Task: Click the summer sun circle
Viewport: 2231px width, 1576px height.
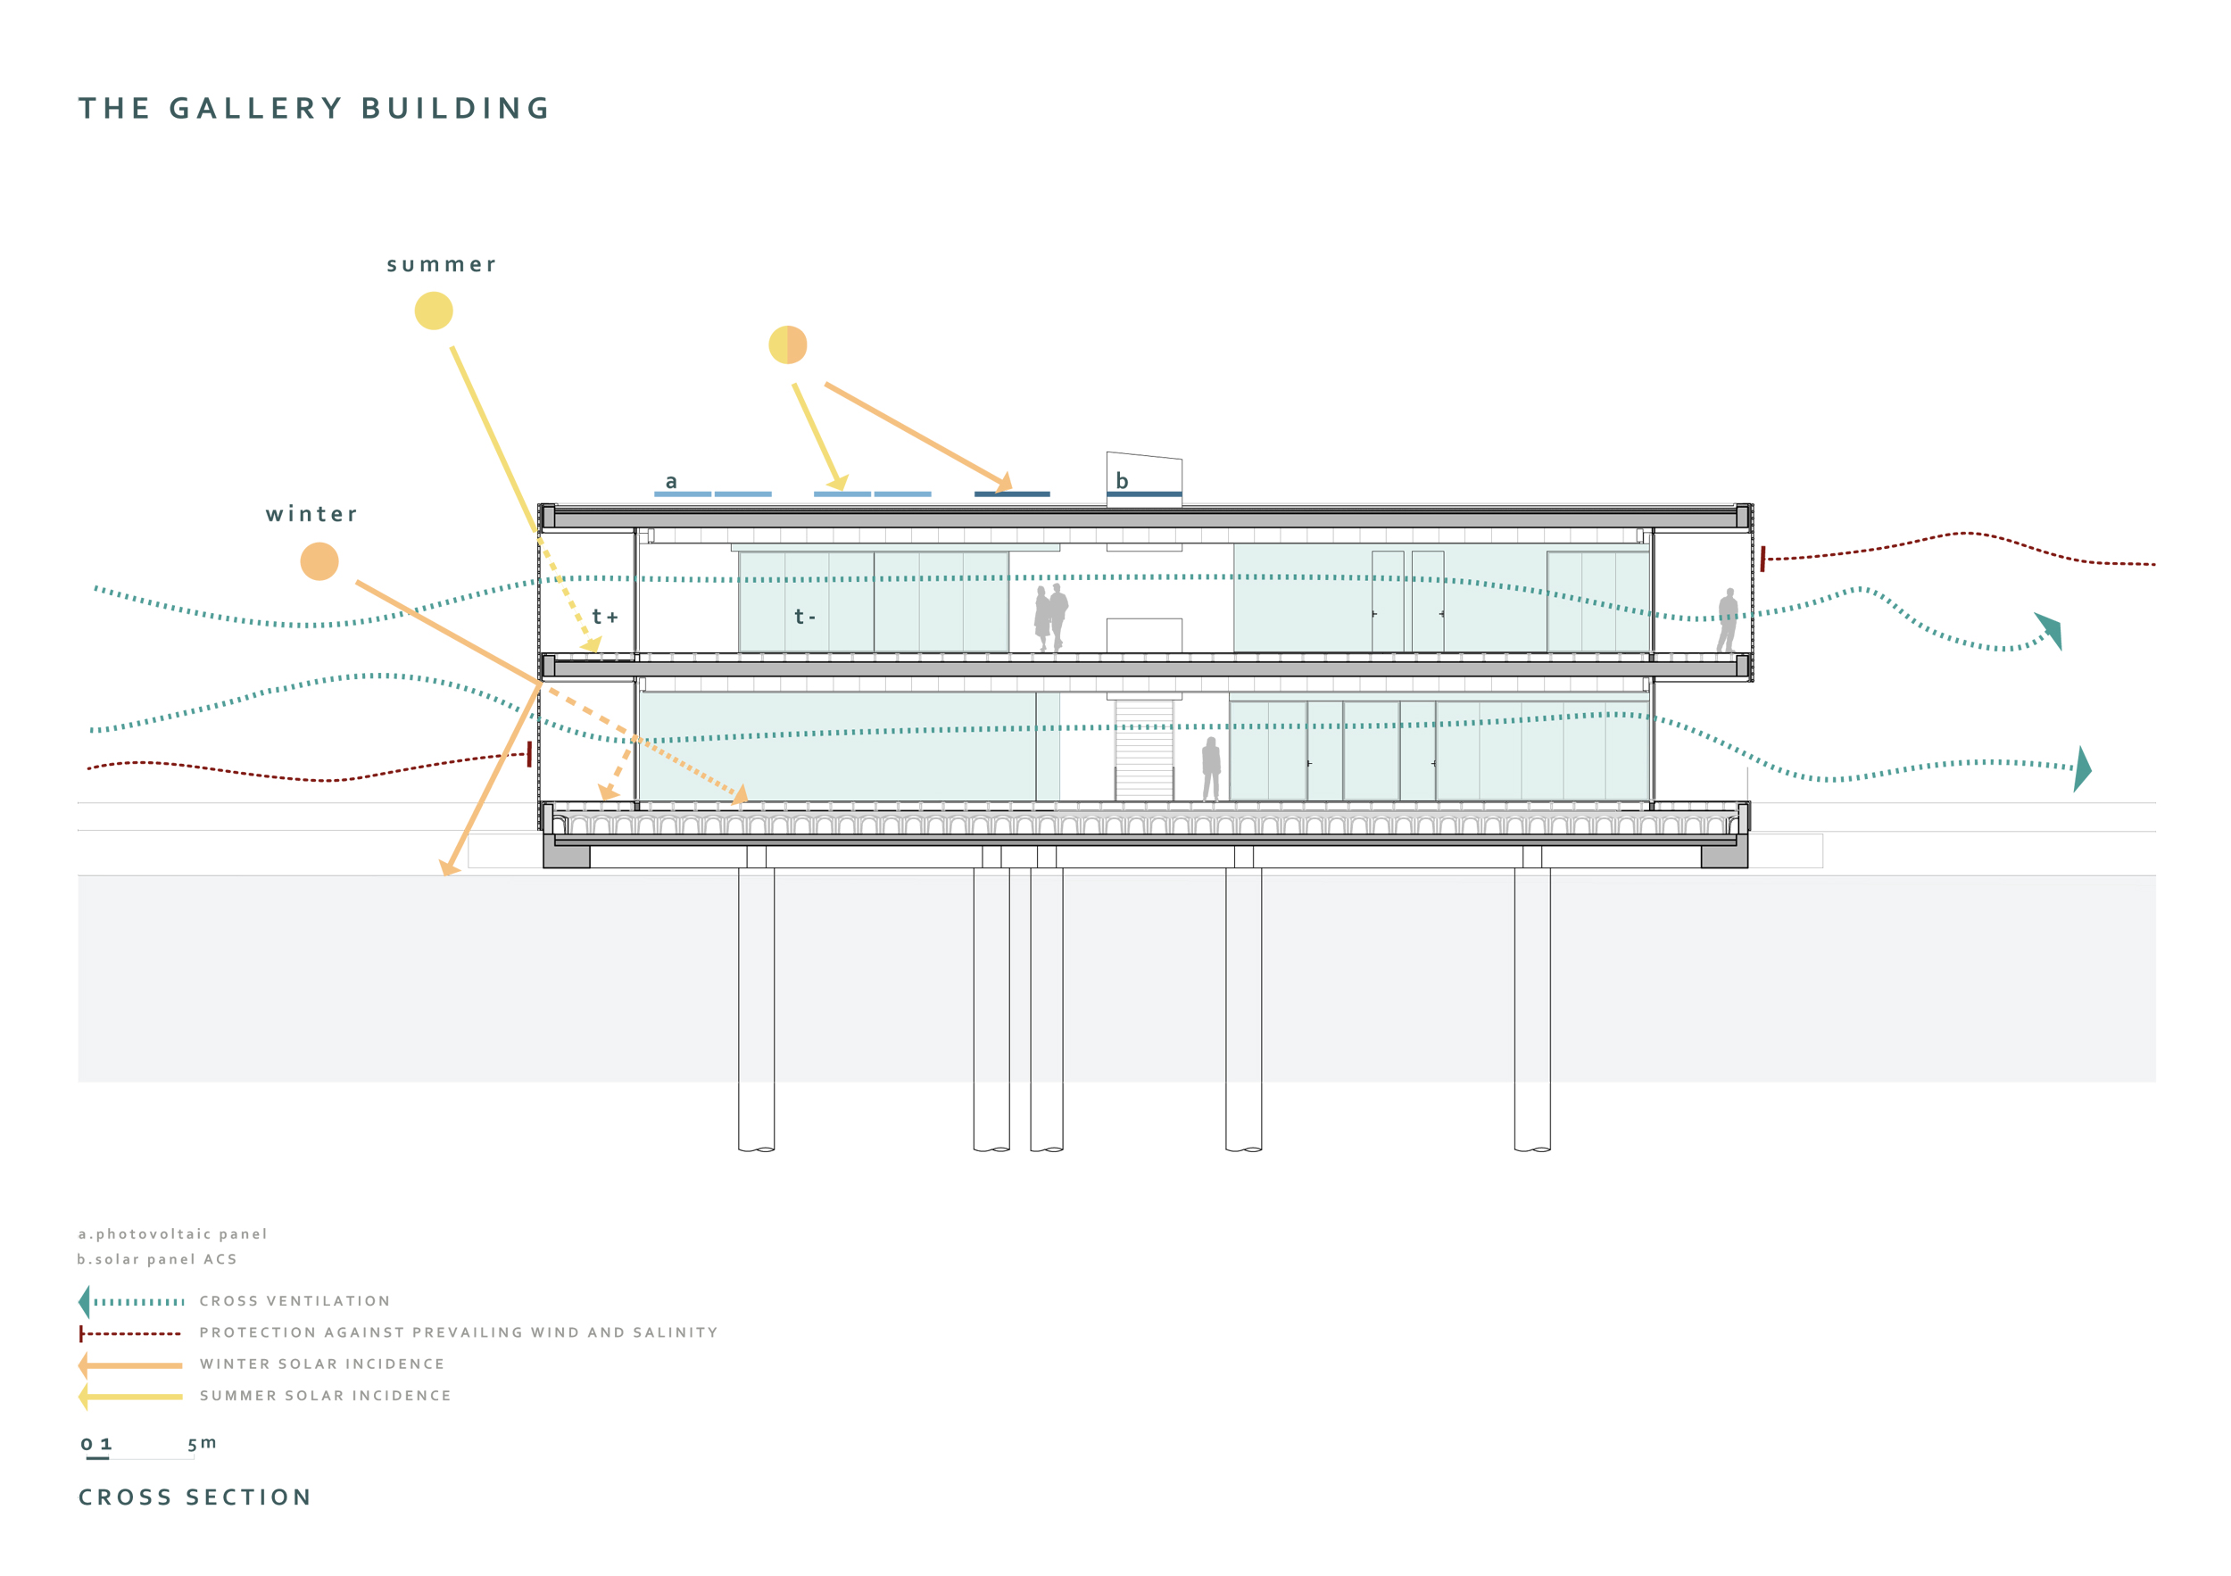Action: click(x=434, y=311)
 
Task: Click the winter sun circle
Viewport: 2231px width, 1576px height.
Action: click(x=319, y=561)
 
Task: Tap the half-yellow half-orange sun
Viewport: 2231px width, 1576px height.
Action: click(x=787, y=345)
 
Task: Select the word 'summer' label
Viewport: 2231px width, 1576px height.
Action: click(x=441, y=265)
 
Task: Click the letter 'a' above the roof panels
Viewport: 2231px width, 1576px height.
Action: click(x=670, y=482)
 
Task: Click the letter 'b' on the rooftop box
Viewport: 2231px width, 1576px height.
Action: click(x=1122, y=481)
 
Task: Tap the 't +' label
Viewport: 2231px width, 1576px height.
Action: click(x=604, y=617)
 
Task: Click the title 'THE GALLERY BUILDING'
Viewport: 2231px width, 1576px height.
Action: click(x=315, y=108)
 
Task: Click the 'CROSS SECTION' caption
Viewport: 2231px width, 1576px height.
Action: click(x=195, y=1497)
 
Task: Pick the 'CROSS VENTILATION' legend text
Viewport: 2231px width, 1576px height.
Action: click(x=294, y=1301)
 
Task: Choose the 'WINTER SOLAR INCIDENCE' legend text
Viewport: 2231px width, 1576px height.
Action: click(x=321, y=1364)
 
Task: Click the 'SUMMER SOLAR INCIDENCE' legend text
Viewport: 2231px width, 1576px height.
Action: click(x=326, y=1395)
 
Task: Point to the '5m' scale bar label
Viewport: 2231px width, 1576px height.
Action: click(x=202, y=1443)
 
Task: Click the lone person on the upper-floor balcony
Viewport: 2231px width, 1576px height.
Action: click(x=1727, y=620)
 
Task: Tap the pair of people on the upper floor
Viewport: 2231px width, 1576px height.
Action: click(x=1050, y=617)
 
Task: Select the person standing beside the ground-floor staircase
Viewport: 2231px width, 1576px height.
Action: click(x=1211, y=767)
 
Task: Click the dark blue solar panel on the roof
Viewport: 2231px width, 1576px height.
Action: click(x=1011, y=494)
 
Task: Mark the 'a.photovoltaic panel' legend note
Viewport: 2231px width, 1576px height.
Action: click(x=173, y=1234)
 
